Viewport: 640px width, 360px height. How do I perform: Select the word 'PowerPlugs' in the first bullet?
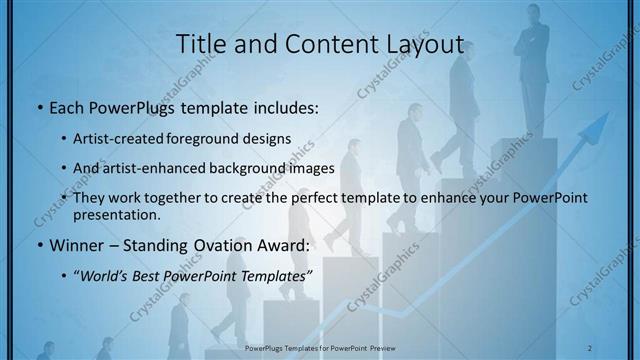pos(113,105)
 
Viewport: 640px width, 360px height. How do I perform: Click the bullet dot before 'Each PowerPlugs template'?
pos(39,106)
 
